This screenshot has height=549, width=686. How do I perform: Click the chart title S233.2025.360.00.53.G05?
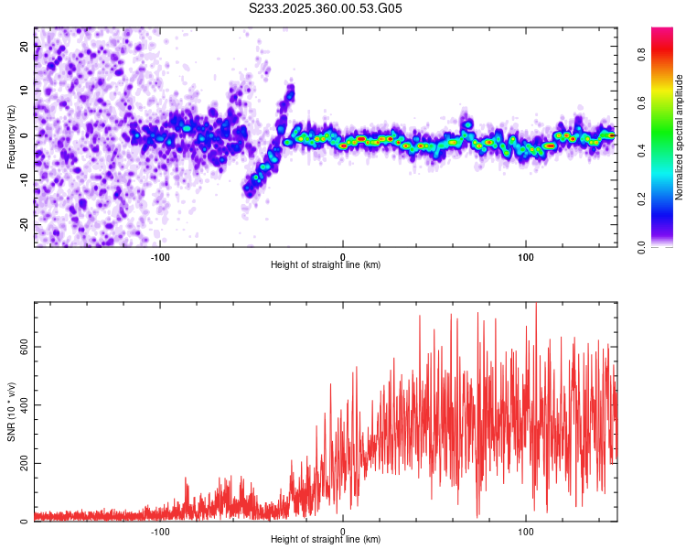click(x=326, y=9)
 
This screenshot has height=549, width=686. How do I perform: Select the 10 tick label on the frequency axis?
click(x=25, y=91)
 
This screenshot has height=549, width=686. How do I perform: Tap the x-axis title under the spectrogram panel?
click(x=326, y=265)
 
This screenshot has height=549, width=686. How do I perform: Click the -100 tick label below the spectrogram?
click(x=160, y=255)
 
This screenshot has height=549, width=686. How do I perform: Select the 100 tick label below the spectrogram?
click(x=526, y=255)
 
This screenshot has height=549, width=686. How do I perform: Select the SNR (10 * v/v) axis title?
click(x=11, y=412)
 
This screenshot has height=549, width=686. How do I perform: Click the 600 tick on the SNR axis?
click(x=25, y=347)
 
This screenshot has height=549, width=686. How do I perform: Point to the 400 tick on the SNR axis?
click(x=25, y=405)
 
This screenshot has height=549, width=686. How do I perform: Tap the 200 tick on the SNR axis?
click(x=25, y=464)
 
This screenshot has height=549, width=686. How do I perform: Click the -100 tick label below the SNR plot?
click(x=160, y=530)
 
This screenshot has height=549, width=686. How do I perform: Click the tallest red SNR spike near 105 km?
click(x=536, y=305)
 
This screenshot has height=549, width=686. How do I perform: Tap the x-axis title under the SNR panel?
click(x=326, y=540)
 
